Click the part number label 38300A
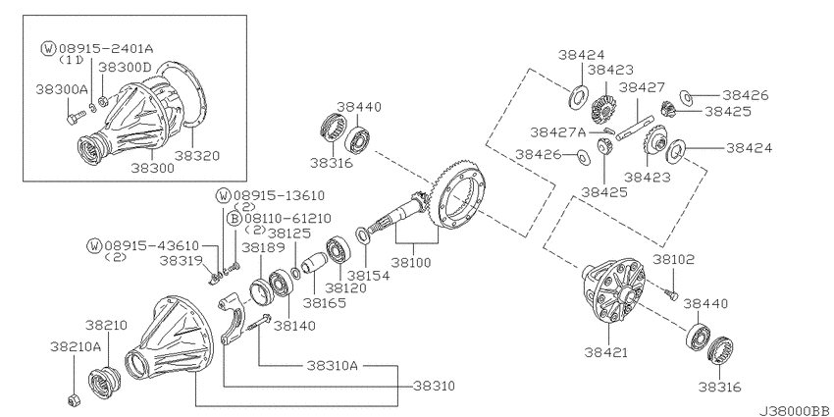pyautogui.click(x=62, y=89)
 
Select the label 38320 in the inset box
pyautogui.click(x=197, y=156)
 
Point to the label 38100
pyautogui.click(x=411, y=262)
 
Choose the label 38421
pyautogui.click(x=605, y=351)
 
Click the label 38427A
pyautogui.click(x=557, y=131)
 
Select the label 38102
pyautogui.click(x=674, y=260)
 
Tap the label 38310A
pyautogui.click(x=333, y=366)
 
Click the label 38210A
pyautogui.click(x=76, y=346)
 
